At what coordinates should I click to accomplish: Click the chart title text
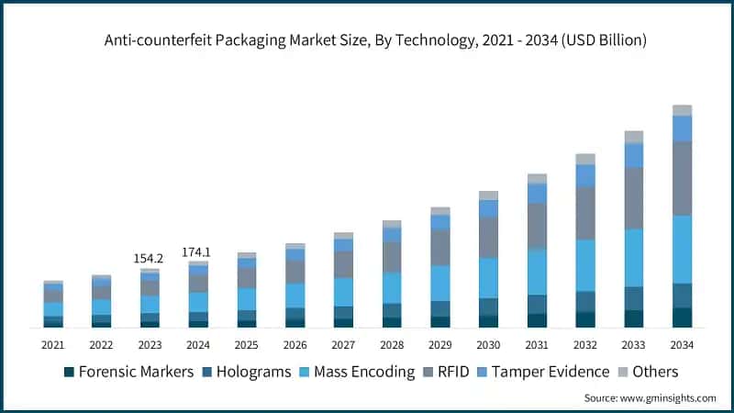tap(367, 39)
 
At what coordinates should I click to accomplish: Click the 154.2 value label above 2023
tap(150, 259)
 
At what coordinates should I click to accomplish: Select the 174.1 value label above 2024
tap(198, 251)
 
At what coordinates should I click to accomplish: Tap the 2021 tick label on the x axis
tap(53, 345)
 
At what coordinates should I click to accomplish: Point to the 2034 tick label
tap(682, 345)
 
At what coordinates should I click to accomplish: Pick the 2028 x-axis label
tap(392, 345)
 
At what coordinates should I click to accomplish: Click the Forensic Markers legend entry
tap(128, 372)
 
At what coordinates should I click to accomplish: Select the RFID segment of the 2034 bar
tap(682, 179)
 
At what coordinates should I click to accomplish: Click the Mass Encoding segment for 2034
tap(682, 250)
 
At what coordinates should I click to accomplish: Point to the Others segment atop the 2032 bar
tap(585, 159)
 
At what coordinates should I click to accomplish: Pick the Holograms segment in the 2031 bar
tap(537, 304)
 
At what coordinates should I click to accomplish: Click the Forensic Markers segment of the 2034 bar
tap(682, 317)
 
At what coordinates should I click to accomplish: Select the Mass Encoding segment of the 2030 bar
tap(489, 277)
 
